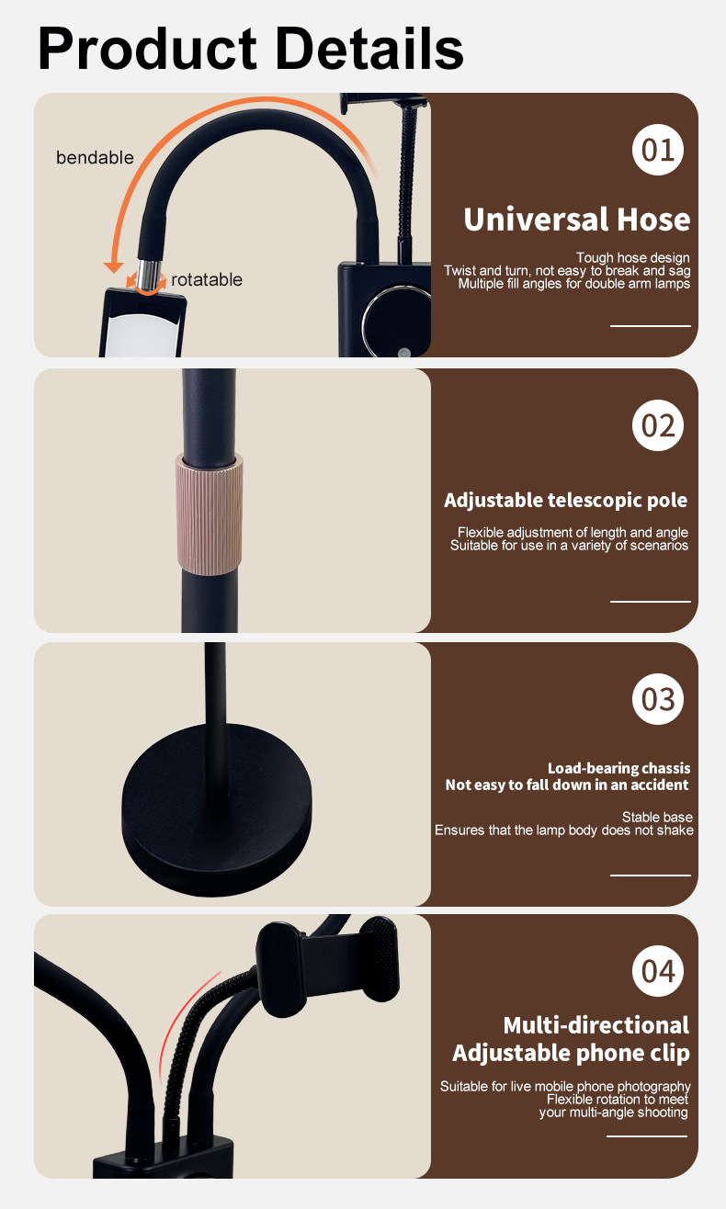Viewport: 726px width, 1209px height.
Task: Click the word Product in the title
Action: [x=147, y=49]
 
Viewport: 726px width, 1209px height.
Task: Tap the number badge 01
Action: [x=657, y=150]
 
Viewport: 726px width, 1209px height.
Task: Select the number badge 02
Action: [x=657, y=425]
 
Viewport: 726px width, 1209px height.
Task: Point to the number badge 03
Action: [x=657, y=699]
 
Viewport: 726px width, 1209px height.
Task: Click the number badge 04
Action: [x=657, y=971]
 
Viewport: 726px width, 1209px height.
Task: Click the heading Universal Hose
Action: [x=576, y=220]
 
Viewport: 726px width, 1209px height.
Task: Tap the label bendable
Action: [x=95, y=158]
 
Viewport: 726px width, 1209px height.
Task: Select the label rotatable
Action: [x=207, y=279]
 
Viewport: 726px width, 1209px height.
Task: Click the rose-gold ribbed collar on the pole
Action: [x=210, y=514]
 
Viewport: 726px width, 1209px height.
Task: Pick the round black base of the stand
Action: [x=217, y=809]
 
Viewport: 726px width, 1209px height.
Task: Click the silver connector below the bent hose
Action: [x=148, y=276]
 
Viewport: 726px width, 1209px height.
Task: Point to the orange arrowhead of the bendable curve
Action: [x=113, y=267]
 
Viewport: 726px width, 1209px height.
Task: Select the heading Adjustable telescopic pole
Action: [x=566, y=501]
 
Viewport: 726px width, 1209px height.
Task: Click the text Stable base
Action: [x=657, y=817]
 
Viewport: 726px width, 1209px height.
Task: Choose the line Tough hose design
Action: [x=632, y=257]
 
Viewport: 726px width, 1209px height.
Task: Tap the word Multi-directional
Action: [x=596, y=1025]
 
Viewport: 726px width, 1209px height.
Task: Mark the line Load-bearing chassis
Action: [x=618, y=768]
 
